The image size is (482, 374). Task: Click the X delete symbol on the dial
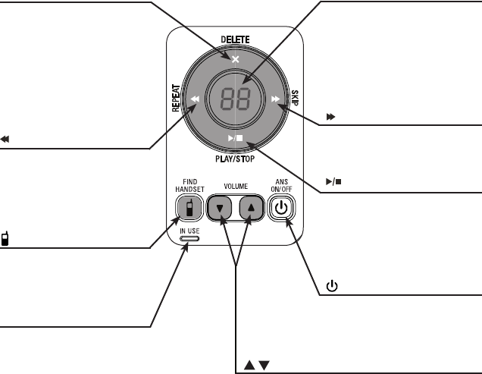pyautogui.click(x=236, y=59)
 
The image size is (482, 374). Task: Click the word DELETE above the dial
pyautogui.click(x=236, y=39)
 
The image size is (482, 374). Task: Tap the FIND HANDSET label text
pyautogui.click(x=184, y=185)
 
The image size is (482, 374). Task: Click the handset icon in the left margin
pyautogui.click(x=5, y=240)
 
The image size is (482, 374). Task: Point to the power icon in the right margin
pyautogui.click(x=331, y=287)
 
